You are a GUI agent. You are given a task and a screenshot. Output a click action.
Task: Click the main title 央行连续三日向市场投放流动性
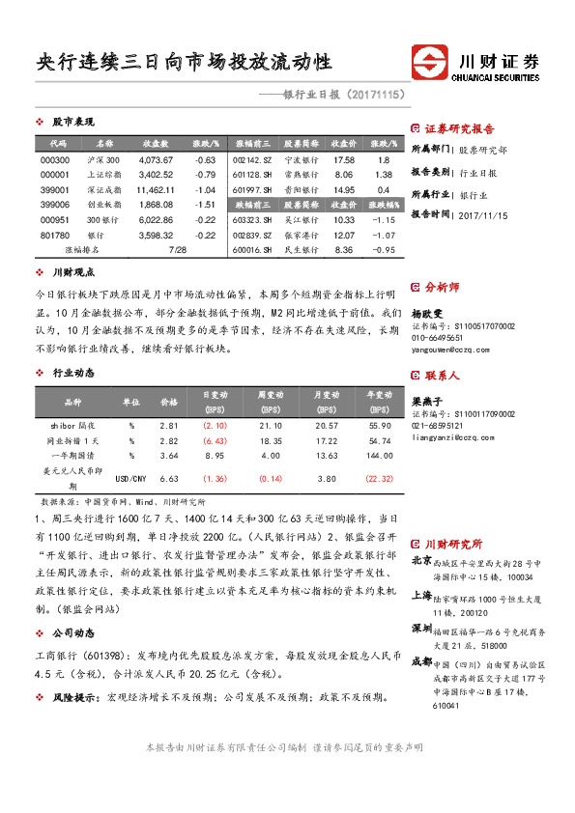click(184, 62)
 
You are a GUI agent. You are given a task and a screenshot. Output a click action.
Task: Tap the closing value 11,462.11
click(157, 190)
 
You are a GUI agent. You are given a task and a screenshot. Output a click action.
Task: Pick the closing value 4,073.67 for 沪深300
click(157, 159)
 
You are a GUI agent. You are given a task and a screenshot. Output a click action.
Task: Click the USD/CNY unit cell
click(131, 478)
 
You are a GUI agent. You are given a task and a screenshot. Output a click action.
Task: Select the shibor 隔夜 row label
click(71, 425)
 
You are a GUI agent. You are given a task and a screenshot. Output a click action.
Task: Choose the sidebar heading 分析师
click(444, 287)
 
